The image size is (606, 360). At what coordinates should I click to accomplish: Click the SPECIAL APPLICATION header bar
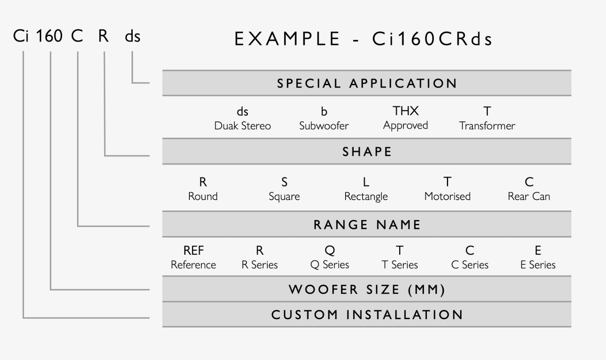point(366,83)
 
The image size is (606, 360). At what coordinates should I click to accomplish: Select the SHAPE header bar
point(366,152)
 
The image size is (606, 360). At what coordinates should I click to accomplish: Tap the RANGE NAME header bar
point(366,225)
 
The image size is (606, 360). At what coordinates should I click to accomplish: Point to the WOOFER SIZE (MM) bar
point(366,290)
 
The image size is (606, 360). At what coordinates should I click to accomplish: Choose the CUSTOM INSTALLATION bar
point(366,315)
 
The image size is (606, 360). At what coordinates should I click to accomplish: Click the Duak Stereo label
point(243,126)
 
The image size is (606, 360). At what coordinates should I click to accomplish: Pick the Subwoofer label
point(324,126)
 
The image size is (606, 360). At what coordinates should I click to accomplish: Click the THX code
point(406,111)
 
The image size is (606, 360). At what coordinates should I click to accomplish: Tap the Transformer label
point(487,126)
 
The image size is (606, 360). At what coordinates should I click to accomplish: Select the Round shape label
point(203,197)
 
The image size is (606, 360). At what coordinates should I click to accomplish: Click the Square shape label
point(284,197)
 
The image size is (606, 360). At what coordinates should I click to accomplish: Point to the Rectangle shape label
point(366,197)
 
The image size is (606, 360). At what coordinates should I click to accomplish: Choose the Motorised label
point(447,197)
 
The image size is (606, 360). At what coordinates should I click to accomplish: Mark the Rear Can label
point(529,197)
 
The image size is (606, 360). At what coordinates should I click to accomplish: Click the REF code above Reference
point(194,251)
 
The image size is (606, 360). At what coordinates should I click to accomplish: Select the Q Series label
point(330,265)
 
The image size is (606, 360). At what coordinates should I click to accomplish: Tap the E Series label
point(538,265)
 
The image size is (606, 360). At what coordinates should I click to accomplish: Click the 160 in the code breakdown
point(49,37)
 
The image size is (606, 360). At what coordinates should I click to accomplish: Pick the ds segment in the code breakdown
point(133,37)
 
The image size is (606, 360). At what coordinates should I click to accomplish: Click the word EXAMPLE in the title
point(287,39)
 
